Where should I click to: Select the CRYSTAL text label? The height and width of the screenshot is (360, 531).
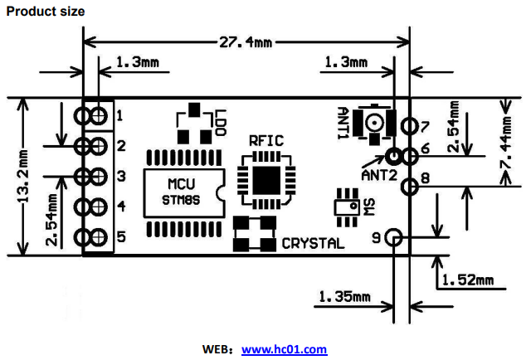coord(314,244)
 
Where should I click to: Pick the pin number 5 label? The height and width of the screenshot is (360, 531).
coord(120,237)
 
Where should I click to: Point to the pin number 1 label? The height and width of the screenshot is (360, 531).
coord(120,114)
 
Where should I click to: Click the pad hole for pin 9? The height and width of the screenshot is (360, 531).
coord(394,238)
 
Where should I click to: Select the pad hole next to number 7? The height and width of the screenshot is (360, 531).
coord(408,126)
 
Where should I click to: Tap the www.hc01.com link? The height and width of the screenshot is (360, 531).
coord(284,350)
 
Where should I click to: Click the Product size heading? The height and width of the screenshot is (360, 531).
coord(45,12)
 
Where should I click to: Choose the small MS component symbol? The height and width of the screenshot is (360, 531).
coord(345,205)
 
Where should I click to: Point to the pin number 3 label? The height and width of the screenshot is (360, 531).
coord(120,176)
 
